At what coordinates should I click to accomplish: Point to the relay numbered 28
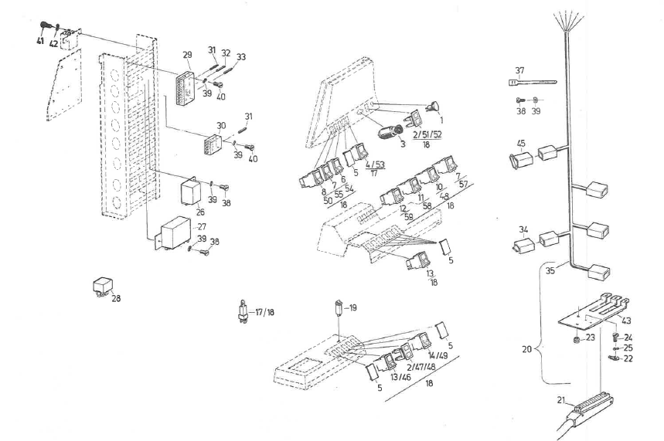[101, 286]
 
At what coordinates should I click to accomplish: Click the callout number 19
[352, 308]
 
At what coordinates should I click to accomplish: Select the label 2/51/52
[427, 135]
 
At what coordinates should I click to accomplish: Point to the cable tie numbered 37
[534, 80]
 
